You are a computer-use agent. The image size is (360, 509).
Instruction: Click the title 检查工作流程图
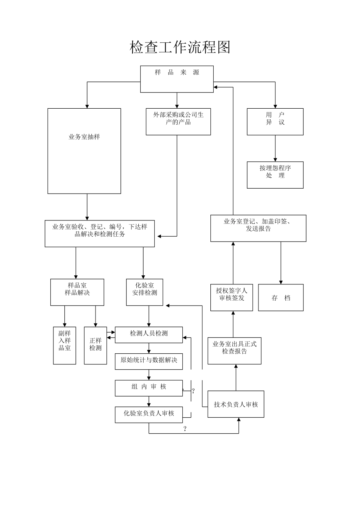point(180,47)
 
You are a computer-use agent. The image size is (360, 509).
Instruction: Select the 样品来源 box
point(177,79)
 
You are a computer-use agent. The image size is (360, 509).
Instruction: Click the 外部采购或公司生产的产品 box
point(178,122)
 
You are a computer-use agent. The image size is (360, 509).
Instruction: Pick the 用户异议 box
point(275,122)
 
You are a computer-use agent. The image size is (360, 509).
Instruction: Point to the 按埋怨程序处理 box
point(275,175)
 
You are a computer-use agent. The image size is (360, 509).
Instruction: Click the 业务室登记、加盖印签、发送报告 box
point(258,228)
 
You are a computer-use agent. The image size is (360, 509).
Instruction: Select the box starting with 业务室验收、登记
point(100,233)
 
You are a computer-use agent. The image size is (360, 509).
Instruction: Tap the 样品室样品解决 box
point(77,292)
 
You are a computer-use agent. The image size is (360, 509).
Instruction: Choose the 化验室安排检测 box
point(144,292)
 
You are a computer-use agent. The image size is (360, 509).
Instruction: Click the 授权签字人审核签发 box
point(232,297)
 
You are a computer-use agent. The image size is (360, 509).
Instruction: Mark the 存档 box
point(281,298)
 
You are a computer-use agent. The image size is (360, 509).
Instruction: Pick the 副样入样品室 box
point(64,345)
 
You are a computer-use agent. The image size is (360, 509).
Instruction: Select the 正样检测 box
point(95,345)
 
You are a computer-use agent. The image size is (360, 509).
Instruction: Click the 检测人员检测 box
point(149,335)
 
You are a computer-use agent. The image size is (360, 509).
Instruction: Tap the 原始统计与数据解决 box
point(149,361)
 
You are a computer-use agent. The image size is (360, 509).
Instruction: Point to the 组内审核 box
point(149,388)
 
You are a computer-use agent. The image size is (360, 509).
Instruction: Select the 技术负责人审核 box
point(236,404)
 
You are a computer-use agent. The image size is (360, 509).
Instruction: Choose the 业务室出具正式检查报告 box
point(234,351)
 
